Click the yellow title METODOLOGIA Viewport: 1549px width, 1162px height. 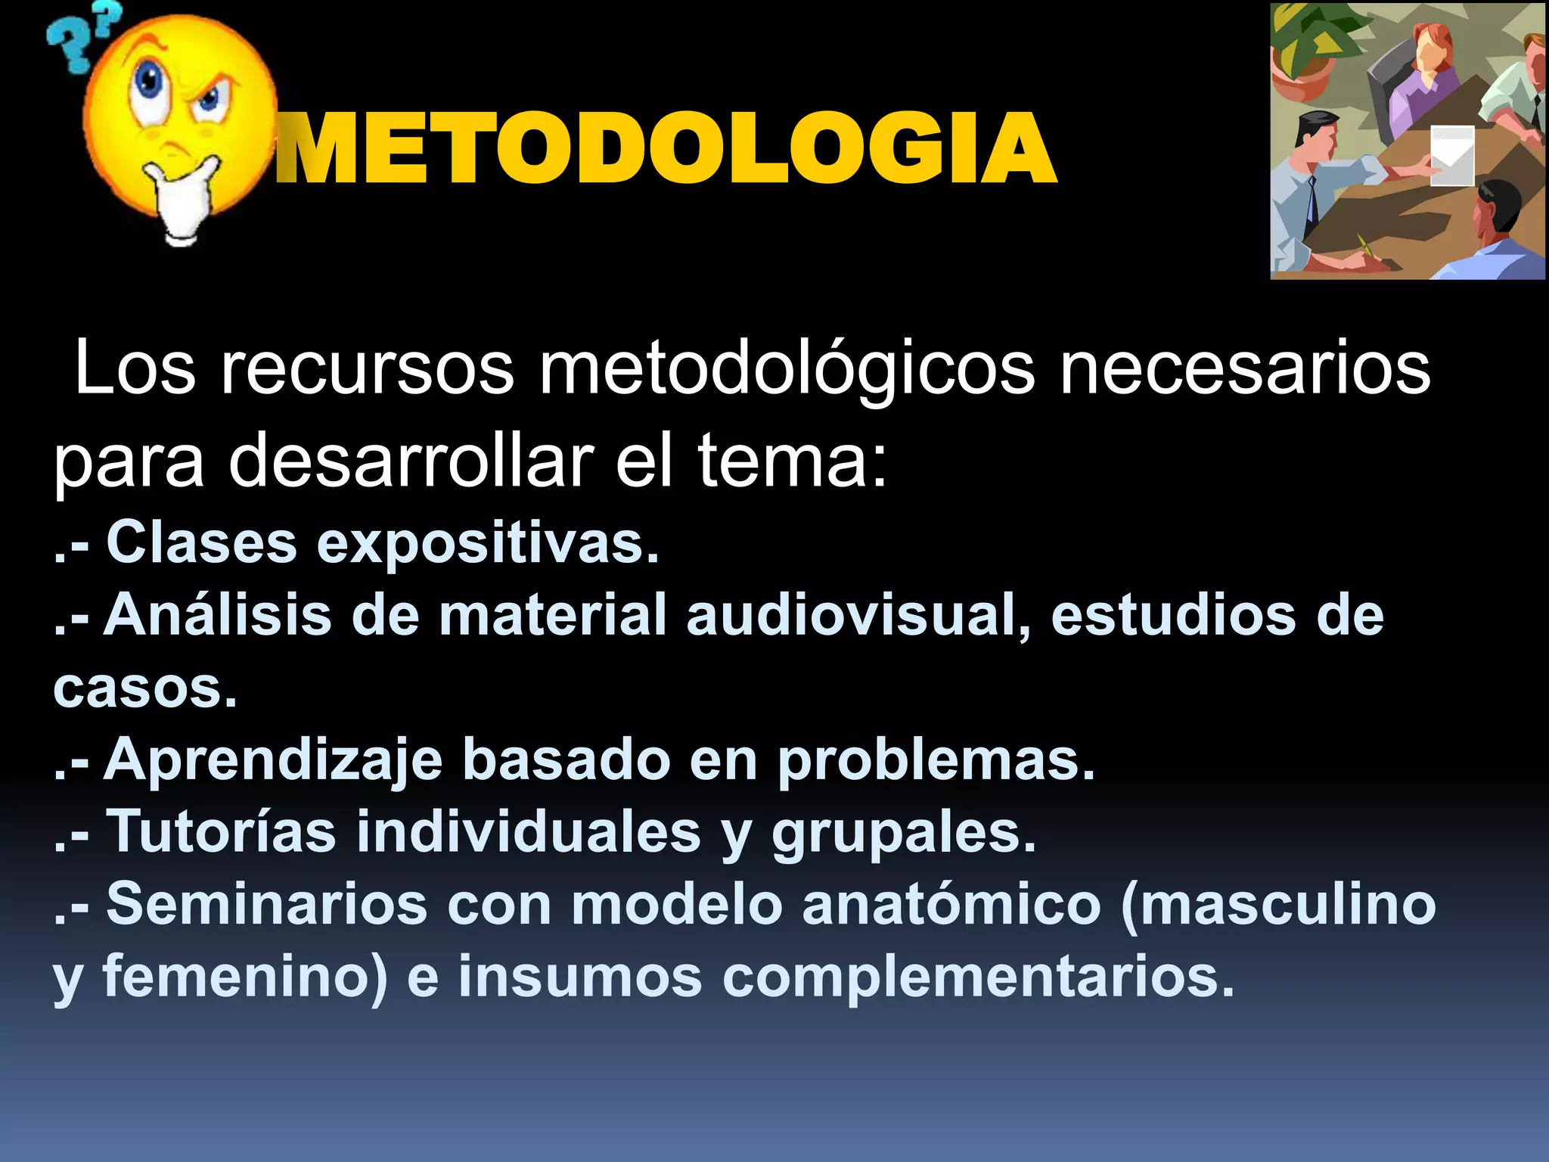coord(666,148)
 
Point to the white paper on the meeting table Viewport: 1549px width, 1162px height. coord(1452,155)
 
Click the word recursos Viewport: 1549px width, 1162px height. coord(367,369)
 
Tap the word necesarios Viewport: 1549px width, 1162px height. coord(1244,369)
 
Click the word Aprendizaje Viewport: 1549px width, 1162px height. coord(273,761)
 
